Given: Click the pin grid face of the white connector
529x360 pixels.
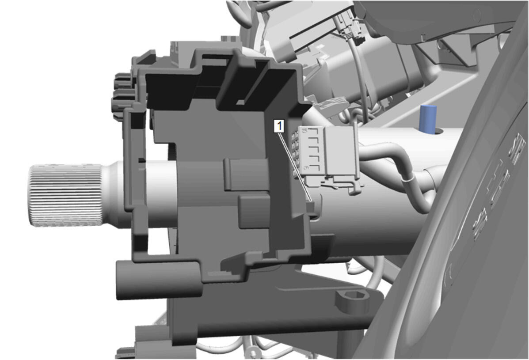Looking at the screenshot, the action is click(296, 152).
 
